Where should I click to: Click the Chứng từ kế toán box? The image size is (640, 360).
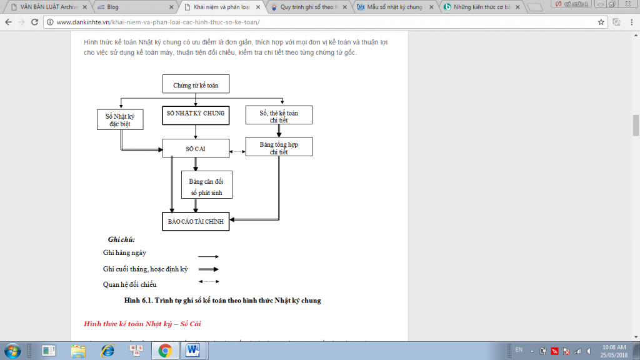(196, 84)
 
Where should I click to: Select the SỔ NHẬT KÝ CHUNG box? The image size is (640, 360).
(196, 115)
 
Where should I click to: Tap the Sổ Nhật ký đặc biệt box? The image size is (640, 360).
(121, 119)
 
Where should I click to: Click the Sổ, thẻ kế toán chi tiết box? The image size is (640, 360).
(279, 116)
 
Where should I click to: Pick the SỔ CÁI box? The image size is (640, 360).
(196, 149)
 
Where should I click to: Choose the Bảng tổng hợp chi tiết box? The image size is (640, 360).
(279, 147)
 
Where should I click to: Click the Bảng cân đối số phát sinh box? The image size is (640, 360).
(206, 185)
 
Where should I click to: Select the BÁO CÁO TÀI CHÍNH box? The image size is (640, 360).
(196, 222)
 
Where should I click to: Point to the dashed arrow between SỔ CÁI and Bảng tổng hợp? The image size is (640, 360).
(237, 151)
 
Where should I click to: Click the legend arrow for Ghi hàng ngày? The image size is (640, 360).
(208, 256)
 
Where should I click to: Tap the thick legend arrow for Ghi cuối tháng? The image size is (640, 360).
(208, 269)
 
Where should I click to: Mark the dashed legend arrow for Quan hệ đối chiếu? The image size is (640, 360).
(208, 282)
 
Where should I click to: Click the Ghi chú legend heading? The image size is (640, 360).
(121, 239)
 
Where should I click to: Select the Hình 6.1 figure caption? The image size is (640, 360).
(222, 301)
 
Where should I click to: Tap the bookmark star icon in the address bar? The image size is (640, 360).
(601, 22)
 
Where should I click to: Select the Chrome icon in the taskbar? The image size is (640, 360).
(165, 349)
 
